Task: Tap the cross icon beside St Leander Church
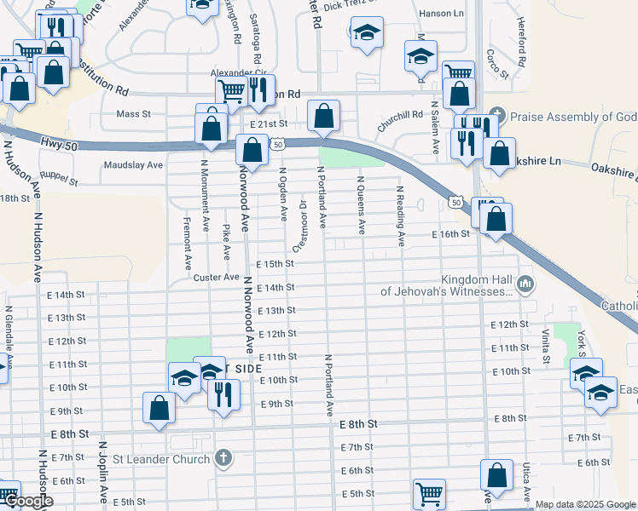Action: coord(223,459)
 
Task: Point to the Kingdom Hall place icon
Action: coord(525,283)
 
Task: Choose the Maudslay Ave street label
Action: coord(132,165)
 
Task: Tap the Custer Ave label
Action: coord(216,278)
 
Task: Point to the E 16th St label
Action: coord(451,233)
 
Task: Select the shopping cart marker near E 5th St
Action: coord(429,494)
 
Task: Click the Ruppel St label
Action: coord(60,181)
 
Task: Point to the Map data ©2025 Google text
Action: coord(586,504)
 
